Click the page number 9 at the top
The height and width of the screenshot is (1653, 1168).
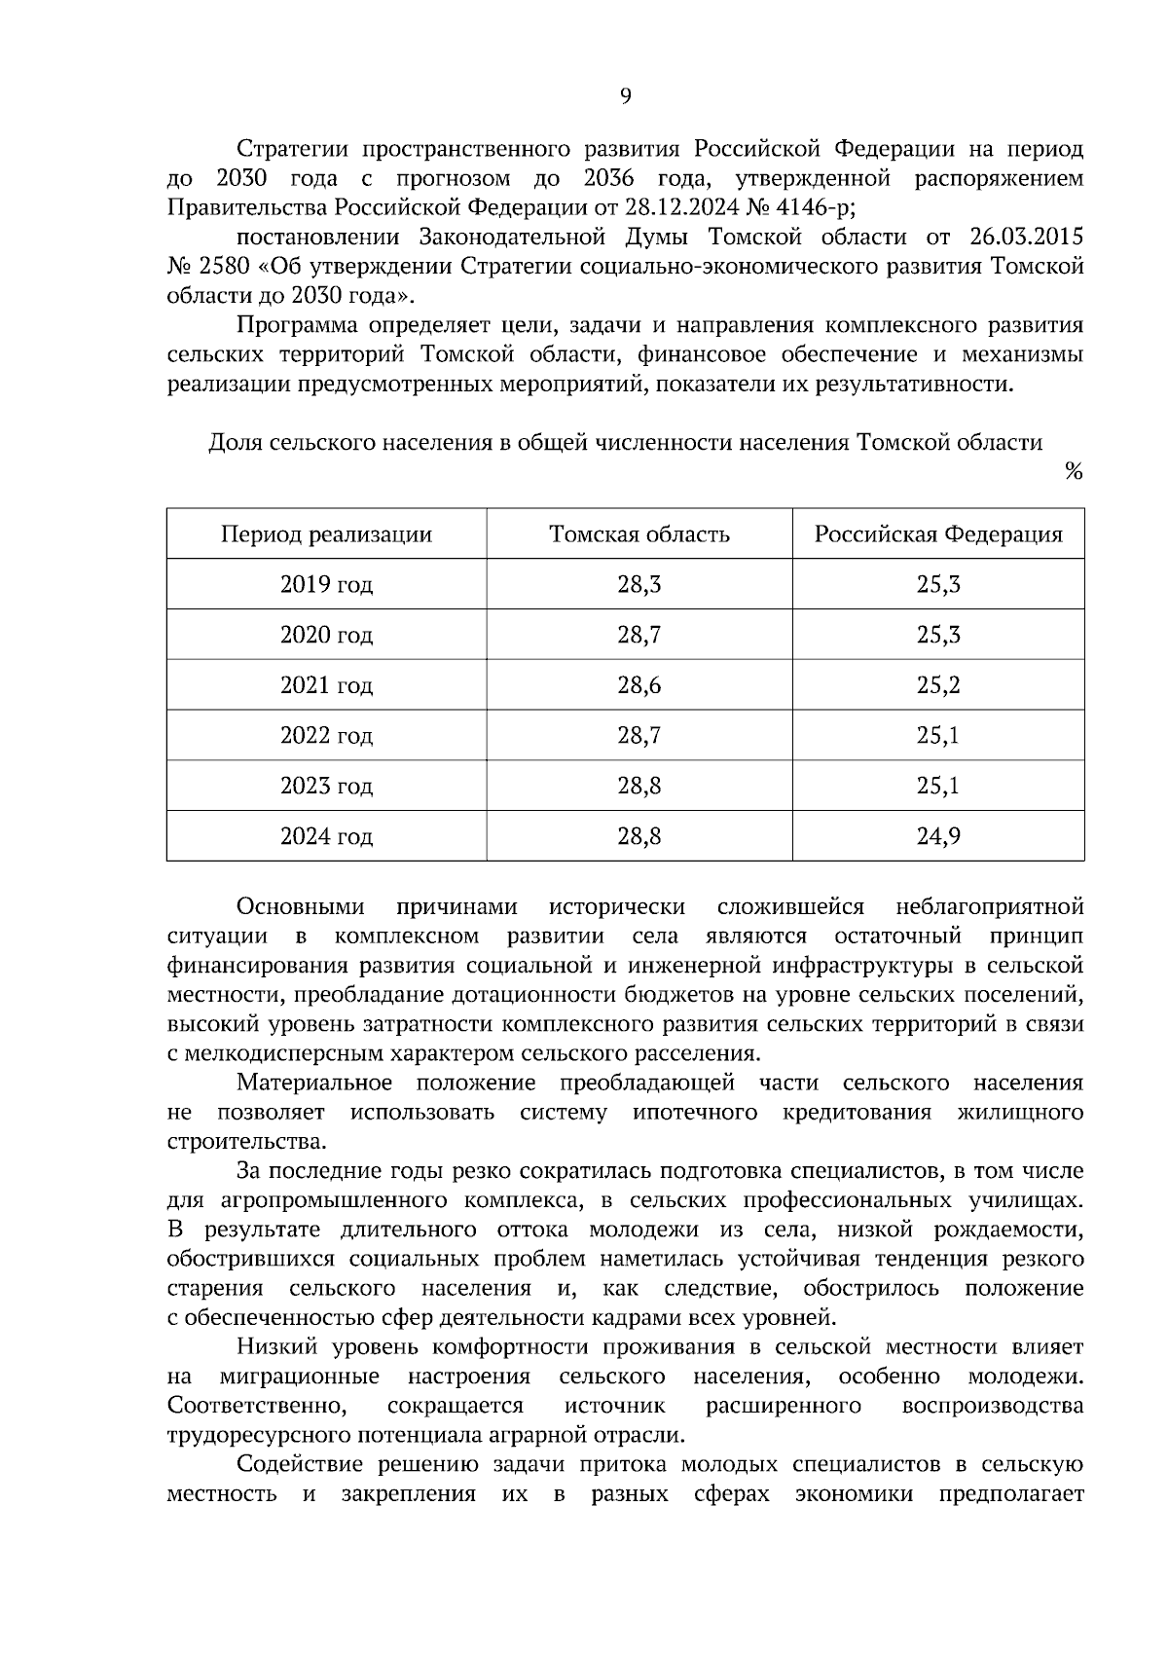click(625, 95)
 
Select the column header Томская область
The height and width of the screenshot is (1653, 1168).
click(639, 534)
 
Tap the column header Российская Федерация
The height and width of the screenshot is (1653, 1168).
click(937, 534)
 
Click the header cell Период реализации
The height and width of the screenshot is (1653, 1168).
click(326, 534)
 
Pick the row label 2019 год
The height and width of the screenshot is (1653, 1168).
click(326, 585)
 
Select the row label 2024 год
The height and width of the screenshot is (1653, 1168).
click(326, 836)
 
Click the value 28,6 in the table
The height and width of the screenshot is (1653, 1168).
click(639, 685)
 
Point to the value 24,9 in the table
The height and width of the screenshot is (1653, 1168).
click(937, 836)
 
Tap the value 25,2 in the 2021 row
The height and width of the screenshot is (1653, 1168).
click(937, 685)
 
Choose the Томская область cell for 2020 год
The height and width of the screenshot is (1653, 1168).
click(639, 636)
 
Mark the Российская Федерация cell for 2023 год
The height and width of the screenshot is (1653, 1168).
click(937, 786)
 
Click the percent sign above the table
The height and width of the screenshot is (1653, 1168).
click(1073, 472)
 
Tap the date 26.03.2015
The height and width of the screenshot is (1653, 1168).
click(1027, 238)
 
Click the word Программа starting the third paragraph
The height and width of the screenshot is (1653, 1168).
click(292, 325)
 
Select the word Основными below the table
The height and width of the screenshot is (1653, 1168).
click(301, 907)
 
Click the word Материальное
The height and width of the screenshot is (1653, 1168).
click(314, 1083)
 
